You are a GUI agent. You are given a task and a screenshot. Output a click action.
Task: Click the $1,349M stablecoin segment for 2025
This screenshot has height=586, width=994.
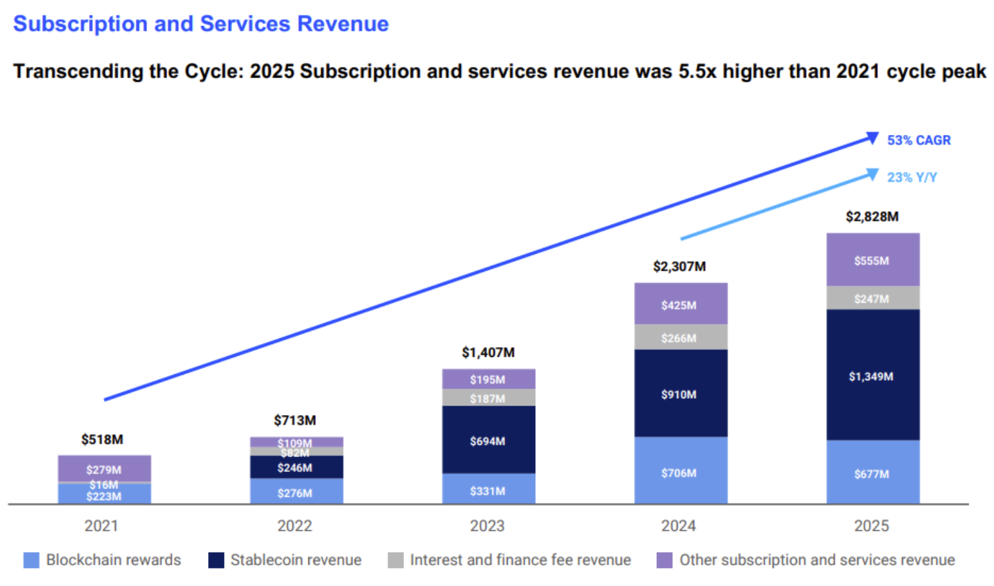click(872, 376)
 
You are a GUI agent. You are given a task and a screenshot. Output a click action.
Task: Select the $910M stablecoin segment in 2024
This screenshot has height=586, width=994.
click(680, 394)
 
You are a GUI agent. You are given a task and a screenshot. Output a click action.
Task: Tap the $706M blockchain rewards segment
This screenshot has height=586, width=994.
click(680, 472)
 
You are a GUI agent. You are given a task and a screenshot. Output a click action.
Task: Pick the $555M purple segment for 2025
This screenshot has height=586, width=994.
click(872, 260)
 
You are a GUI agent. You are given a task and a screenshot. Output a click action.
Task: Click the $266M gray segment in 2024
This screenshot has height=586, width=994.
click(680, 337)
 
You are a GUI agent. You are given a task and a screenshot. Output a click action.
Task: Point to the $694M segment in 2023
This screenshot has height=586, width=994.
click(488, 440)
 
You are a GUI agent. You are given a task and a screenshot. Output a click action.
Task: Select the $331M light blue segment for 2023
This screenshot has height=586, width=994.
click(488, 490)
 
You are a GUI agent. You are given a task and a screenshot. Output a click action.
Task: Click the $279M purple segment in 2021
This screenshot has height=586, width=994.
click(104, 468)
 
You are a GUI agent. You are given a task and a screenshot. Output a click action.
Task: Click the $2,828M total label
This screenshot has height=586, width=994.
click(872, 216)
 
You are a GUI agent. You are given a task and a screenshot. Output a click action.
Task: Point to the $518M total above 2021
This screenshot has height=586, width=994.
click(102, 439)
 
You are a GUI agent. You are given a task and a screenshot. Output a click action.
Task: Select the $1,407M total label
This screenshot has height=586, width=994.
click(488, 352)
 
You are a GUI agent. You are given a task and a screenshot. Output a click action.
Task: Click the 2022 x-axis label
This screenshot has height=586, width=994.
click(294, 526)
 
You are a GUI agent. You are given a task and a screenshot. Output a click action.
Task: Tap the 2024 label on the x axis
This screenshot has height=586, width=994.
click(678, 526)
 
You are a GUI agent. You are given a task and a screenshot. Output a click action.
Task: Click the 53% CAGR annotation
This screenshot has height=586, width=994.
click(918, 140)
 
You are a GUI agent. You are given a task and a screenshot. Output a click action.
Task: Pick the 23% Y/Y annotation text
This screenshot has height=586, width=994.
click(912, 177)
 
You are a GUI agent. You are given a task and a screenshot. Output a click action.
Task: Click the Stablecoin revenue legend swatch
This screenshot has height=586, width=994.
click(216, 560)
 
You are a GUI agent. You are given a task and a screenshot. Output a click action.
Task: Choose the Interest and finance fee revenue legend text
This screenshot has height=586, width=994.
click(520, 560)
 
